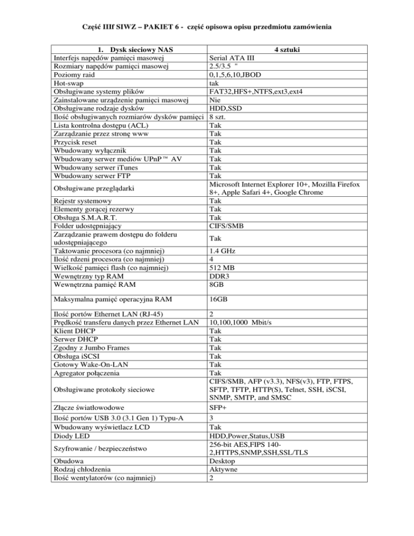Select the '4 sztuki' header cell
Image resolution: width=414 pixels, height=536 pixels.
[x=287, y=50]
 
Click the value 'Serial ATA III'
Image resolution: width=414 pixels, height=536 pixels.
[x=232, y=58]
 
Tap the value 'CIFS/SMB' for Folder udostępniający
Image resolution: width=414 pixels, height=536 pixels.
[x=226, y=226]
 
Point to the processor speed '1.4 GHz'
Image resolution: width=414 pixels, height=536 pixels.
[x=222, y=251]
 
